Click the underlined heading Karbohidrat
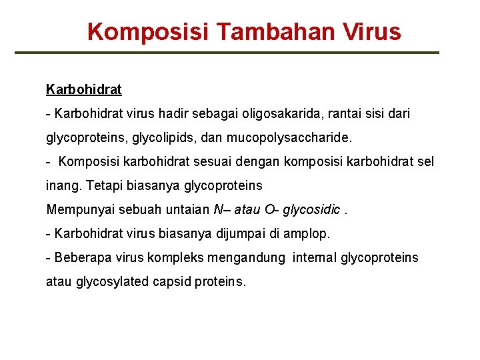84,89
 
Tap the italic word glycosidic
313,209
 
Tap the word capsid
172,281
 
